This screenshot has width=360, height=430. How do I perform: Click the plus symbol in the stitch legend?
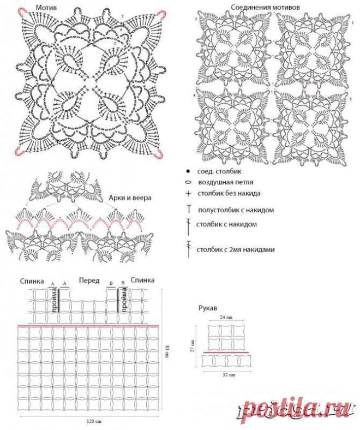(x=188, y=194)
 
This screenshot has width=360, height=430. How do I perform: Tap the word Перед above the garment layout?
(x=89, y=280)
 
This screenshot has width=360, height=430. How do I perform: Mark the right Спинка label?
(x=142, y=280)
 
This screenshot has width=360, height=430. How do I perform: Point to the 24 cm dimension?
(x=226, y=318)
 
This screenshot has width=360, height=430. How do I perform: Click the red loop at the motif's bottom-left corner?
(x=19, y=151)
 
